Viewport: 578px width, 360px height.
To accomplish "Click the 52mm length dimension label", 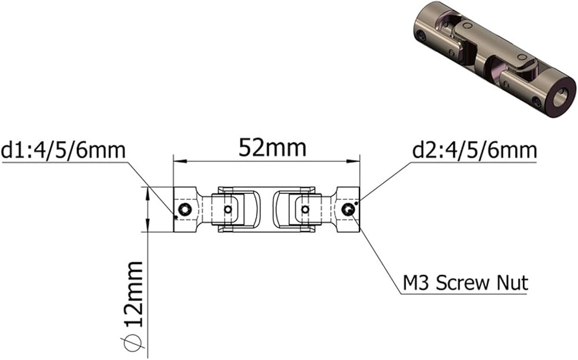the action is [x=272, y=148].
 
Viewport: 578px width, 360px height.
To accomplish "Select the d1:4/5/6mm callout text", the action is [x=64, y=150].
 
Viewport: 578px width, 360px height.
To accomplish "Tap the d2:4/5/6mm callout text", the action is [x=475, y=150].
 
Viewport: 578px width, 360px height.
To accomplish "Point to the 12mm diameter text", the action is [x=134, y=294].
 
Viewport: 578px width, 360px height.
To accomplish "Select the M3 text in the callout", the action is [x=417, y=283].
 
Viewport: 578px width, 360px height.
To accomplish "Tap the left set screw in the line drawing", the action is [x=185, y=210].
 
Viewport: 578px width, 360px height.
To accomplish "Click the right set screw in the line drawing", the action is [x=348, y=210].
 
